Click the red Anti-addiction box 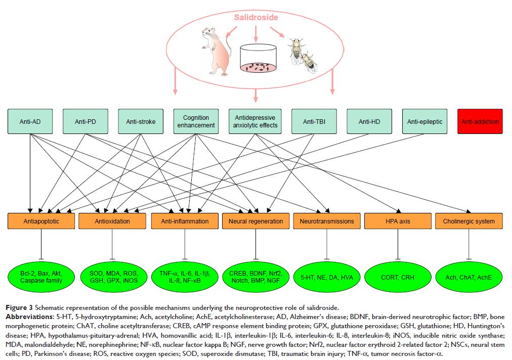pos(479,121)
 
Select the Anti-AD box pos(30,121)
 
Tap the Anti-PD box pos(86,121)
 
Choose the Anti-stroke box pos(141,121)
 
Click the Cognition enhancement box pos(196,121)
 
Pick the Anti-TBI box pos(314,121)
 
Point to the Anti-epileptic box pos(424,121)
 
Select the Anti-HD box pos(369,121)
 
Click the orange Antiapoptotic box pos(41,221)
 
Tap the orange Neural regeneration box pos(255,221)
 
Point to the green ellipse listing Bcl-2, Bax pos(42,277)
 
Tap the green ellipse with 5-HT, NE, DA pos(326,277)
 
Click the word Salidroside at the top pos(256,17)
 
